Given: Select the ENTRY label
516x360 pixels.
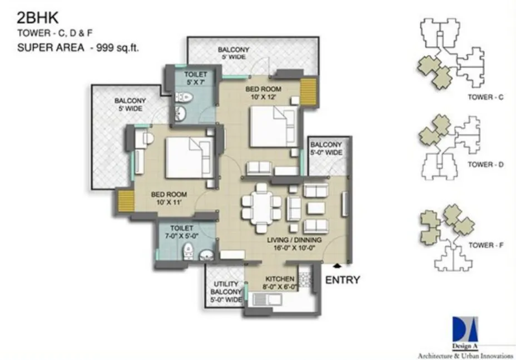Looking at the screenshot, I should coord(343,280).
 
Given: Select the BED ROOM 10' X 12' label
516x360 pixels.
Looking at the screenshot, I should coord(264,93).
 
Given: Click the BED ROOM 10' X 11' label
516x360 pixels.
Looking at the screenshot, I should coord(169,198).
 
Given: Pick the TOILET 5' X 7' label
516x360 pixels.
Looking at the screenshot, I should coord(196,78).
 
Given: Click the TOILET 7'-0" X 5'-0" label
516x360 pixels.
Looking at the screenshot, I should coord(182,232).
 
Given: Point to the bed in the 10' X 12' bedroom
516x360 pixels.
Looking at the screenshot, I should coord(273,127).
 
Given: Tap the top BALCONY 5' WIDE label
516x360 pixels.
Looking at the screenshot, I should coord(234,53).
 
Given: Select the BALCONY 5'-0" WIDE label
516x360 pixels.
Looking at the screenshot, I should coord(326,148).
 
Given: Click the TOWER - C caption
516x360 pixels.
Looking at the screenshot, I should coord(485,97).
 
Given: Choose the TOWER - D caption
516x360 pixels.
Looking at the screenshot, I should coord(485,164).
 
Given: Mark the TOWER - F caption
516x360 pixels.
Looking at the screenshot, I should coord(485,244).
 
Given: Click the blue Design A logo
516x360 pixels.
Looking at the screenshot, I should coord(465,329).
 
